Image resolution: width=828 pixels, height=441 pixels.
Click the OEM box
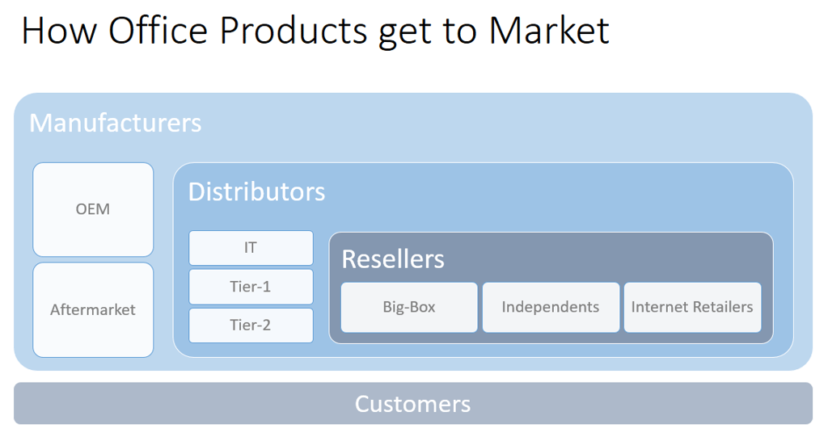93,209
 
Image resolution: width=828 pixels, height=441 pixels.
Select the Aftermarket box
93,310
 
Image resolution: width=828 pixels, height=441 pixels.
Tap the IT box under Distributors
251,248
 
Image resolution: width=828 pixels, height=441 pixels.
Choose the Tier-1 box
251,287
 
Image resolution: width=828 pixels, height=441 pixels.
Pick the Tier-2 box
251,325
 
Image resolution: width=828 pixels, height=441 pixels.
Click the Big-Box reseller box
409,308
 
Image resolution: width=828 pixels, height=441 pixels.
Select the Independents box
551,308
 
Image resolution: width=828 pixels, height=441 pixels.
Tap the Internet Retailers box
693,308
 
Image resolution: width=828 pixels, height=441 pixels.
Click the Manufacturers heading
115,123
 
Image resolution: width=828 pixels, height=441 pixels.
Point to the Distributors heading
256,191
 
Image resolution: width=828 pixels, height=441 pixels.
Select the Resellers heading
393,259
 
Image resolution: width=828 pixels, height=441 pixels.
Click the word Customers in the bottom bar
412,404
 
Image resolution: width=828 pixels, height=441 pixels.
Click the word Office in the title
158,30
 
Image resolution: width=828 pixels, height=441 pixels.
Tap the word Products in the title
293,31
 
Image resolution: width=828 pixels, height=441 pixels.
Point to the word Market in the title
549,31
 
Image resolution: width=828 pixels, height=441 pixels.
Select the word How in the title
59,31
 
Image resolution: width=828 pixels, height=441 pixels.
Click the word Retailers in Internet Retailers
722,307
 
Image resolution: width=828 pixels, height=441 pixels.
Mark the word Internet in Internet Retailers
660,307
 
